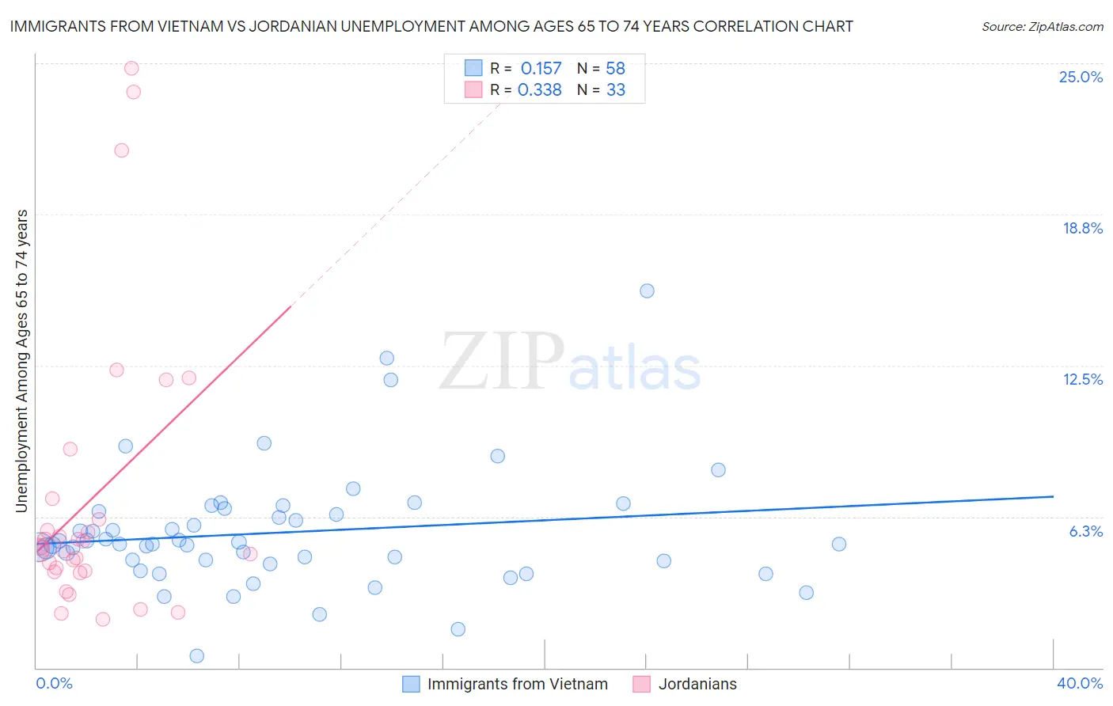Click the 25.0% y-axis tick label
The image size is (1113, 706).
(1081, 77)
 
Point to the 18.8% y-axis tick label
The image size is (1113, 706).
(1082, 228)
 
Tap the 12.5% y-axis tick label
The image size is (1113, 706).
(1082, 379)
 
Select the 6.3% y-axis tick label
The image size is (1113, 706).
(1085, 531)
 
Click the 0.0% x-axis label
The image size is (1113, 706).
(54, 683)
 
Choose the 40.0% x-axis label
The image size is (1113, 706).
(1079, 683)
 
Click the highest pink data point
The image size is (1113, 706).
(131, 68)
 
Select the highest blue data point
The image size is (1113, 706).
(647, 290)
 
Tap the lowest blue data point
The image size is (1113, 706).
(197, 655)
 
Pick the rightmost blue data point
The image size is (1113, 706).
(839, 544)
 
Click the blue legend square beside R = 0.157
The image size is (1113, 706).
(473, 68)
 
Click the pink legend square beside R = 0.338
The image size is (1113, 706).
(473, 89)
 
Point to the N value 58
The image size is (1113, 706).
(615, 68)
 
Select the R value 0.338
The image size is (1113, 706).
(540, 90)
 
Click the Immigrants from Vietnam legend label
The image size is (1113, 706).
(518, 684)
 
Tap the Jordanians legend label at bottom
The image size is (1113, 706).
(697, 684)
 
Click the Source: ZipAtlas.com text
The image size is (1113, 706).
(1042, 26)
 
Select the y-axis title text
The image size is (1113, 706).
(21, 360)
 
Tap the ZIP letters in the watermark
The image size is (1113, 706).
(502, 362)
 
